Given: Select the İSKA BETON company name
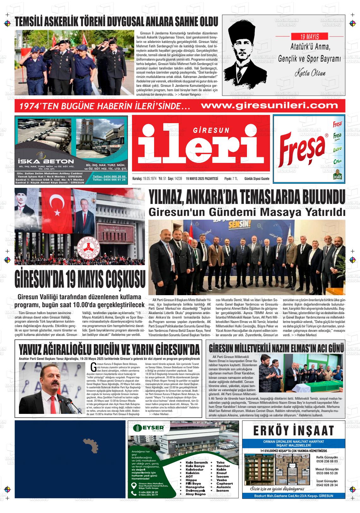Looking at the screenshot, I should pos(46,161).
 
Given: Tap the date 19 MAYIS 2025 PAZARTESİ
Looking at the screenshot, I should pos(202,179).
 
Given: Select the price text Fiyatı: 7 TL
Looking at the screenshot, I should pos(231,179).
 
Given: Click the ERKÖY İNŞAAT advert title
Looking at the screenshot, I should pos(293,430).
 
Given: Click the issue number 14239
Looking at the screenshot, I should pos(178,179).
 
